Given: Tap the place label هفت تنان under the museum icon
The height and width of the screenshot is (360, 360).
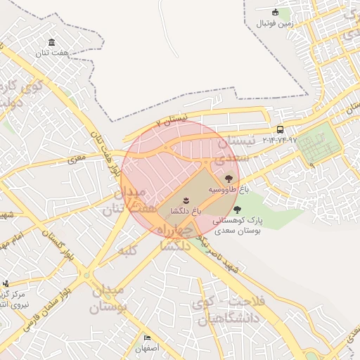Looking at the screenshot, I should coord(54,53).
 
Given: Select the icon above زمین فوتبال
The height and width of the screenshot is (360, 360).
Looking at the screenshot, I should coord(275,12).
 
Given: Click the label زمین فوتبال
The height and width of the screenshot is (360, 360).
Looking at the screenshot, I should coord(273,23).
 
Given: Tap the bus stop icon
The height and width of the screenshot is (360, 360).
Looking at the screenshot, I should coord(281,129).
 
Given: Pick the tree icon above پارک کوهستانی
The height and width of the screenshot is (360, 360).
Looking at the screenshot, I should coord(237,209).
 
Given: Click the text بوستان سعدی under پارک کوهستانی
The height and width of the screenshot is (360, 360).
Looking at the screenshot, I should coord(238,230).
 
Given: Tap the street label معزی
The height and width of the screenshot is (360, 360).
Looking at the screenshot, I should coord(76,159).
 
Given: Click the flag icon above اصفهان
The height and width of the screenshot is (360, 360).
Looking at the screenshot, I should coord(148,338).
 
